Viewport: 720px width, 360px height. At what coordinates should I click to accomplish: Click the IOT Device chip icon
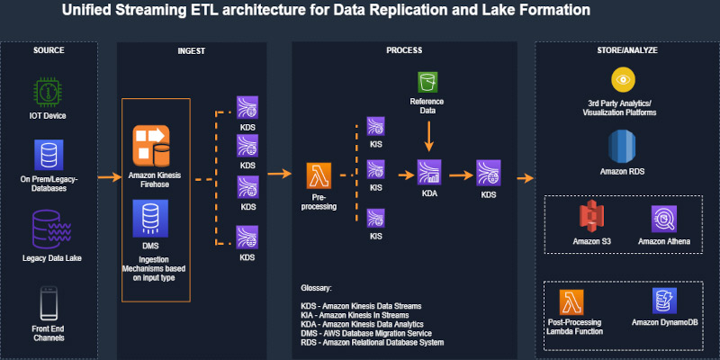49,93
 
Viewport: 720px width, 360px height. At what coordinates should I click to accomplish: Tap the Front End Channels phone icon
49,303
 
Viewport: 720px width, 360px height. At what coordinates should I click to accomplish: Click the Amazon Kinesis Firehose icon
151,146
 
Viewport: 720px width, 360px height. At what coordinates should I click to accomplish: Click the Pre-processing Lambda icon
319,175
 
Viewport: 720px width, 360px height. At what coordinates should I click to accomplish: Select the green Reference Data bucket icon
427,83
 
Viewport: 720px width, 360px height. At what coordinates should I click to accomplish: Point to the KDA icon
429,173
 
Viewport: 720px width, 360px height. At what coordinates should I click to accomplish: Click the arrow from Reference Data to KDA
429,136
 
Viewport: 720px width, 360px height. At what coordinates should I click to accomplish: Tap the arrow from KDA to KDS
461,175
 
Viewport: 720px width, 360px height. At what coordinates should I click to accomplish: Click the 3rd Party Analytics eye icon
623,79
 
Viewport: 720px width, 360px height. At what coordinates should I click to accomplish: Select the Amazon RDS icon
622,147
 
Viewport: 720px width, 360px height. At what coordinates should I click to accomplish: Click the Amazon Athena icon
663,219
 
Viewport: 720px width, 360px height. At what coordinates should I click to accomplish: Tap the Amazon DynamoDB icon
664,301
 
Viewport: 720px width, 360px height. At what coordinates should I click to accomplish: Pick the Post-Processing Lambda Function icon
571,302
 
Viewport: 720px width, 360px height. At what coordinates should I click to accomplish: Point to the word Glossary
316,289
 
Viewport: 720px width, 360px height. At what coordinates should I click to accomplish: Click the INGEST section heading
192,51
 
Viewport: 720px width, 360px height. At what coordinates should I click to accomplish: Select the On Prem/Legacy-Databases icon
49,155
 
